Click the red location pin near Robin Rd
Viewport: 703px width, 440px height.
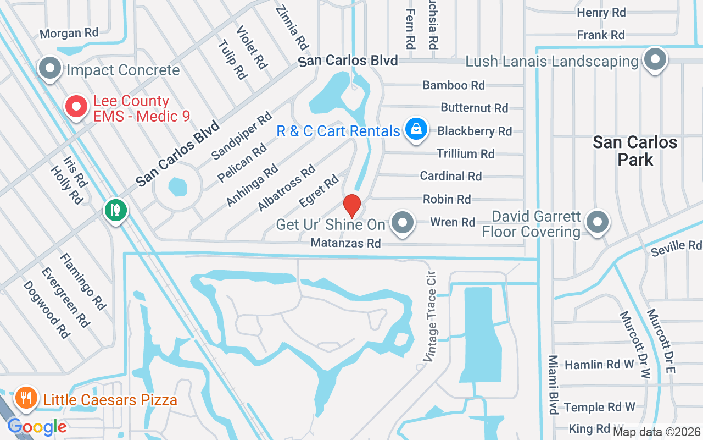[x=351, y=206]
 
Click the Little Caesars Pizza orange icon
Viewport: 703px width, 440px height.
[x=25, y=398]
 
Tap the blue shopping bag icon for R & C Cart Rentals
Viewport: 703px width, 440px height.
[x=416, y=129]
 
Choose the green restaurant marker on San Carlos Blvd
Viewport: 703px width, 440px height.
[x=116, y=210]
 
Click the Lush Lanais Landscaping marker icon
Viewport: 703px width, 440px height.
[x=655, y=59]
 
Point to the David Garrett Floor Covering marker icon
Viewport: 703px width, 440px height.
[x=596, y=223]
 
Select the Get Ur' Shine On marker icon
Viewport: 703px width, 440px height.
[x=404, y=223]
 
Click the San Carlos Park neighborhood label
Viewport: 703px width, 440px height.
[x=634, y=151]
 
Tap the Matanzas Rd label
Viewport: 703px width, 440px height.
[x=345, y=243]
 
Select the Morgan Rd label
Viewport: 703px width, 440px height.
[x=69, y=33]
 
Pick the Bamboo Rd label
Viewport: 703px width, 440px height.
[x=453, y=85]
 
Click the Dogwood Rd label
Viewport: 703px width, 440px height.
[x=47, y=310]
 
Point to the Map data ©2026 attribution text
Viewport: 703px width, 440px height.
[x=656, y=432]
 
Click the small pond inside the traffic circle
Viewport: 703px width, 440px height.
[x=177, y=188]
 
